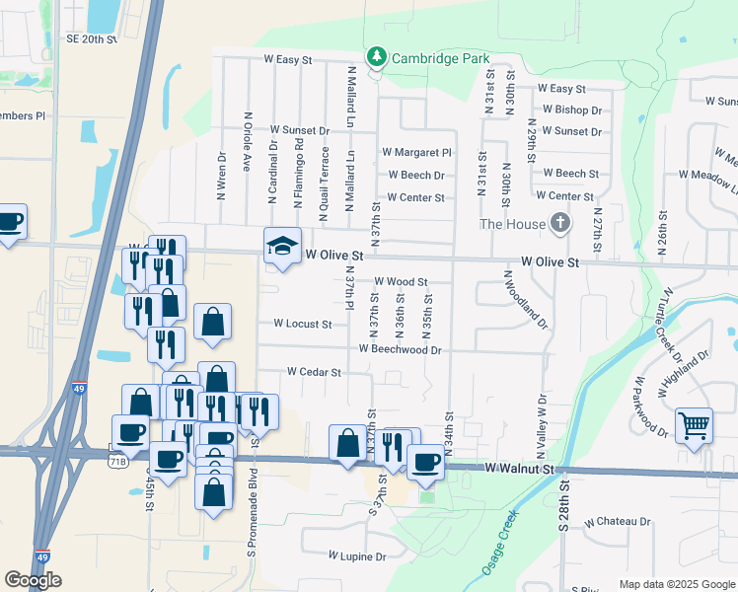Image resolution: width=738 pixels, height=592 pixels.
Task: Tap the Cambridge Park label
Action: pyautogui.click(x=441, y=58)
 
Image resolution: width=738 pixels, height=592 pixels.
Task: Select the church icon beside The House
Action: pyautogui.click(x=560, y=224)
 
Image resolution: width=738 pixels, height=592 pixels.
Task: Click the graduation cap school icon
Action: pyautogui.click(x=282, y=245)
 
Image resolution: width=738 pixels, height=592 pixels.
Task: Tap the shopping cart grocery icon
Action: pyautogui.click(x=694, y=426)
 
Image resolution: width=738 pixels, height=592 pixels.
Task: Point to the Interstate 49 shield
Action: pyautogui.click(x=41, y=556)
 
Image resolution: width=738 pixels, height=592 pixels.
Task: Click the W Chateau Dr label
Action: pyautogui.click(x=618, y=521)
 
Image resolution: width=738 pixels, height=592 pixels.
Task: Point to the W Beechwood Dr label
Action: pyautogui.click(x=400, y=348)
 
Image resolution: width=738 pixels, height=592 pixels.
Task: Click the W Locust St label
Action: pyautogui.click(x=303, y=323)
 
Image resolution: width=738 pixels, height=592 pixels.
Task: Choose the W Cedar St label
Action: pyautogui.click(x=314, y=372)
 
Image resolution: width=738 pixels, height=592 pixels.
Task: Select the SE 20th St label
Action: pyautogui.click(x=92, y=38)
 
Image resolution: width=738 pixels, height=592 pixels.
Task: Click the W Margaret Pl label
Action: pyautogui.click(x=416, y=153)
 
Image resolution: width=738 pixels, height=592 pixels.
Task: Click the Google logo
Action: pyautogui.click(x=33, y=580)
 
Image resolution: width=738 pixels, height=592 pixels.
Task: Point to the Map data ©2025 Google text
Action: pyautogui.click(x=677, y=584)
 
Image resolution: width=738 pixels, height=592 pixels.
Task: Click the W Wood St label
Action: pyautogui.click(x=401, y=282)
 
